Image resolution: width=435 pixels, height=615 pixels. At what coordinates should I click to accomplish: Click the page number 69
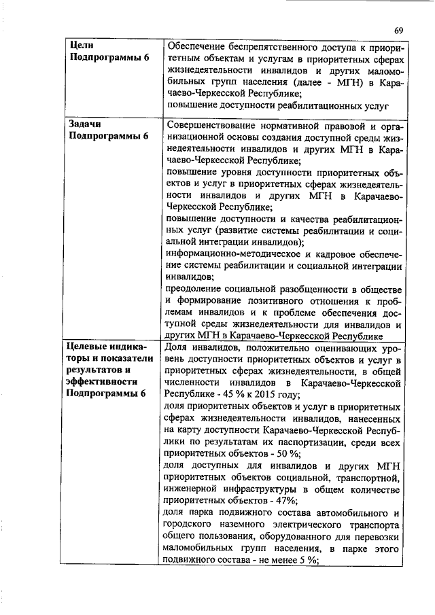[399, 31]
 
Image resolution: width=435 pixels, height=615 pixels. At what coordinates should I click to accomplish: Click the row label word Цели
[82, 44]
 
